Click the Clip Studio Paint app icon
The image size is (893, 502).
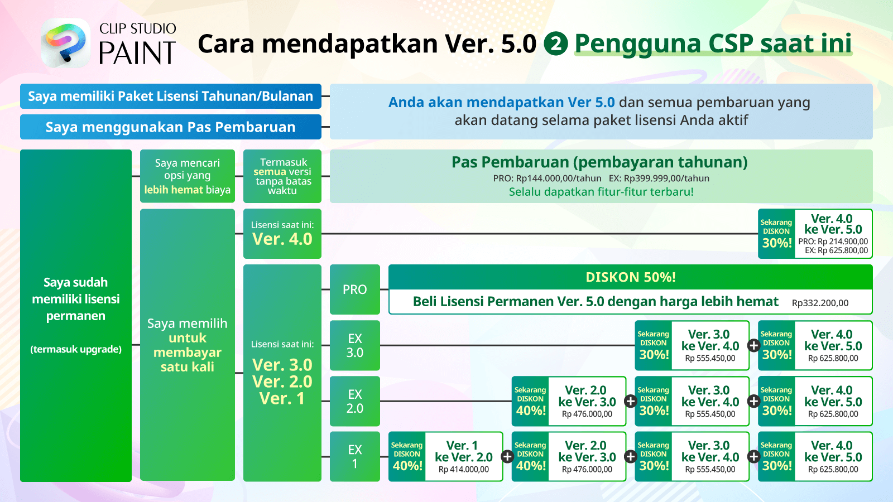66,42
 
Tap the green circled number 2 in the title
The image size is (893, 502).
556,44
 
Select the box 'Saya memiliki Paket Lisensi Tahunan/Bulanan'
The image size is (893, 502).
171,96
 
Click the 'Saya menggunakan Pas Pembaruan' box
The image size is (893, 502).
171,127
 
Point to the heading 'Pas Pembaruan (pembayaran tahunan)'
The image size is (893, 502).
599,162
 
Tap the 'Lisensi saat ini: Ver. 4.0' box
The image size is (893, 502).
282,234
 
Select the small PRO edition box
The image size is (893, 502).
355,289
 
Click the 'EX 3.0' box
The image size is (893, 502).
355,345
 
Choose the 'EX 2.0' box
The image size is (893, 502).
355,401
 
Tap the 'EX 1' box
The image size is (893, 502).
355,457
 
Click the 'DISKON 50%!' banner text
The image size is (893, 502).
631,277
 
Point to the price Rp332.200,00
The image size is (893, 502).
820,303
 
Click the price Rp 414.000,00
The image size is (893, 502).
464,469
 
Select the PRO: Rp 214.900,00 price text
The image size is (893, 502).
833,242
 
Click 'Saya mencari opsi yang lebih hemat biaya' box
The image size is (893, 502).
188,176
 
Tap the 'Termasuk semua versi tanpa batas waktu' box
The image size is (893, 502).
282,176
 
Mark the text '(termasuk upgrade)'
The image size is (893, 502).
76,349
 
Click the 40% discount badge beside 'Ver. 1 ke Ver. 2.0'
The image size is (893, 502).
407,457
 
